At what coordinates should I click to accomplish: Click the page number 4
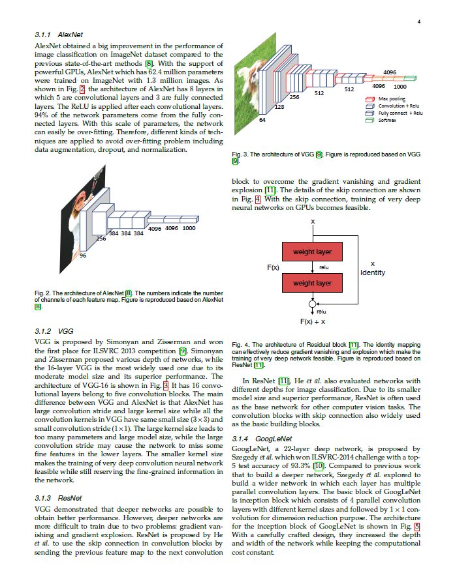tap(418, 22)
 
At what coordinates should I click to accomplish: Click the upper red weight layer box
tap(312, 252)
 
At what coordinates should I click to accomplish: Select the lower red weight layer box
tap(312, 283)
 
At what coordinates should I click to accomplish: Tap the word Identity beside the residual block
tap(372, 272)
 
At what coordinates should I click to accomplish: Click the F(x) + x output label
tap(313, 322)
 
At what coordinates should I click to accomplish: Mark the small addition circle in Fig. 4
tap(313, 304)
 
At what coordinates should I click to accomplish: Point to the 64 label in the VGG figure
tap(262, 121)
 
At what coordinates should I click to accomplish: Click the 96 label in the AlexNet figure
tap(83, 256)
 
